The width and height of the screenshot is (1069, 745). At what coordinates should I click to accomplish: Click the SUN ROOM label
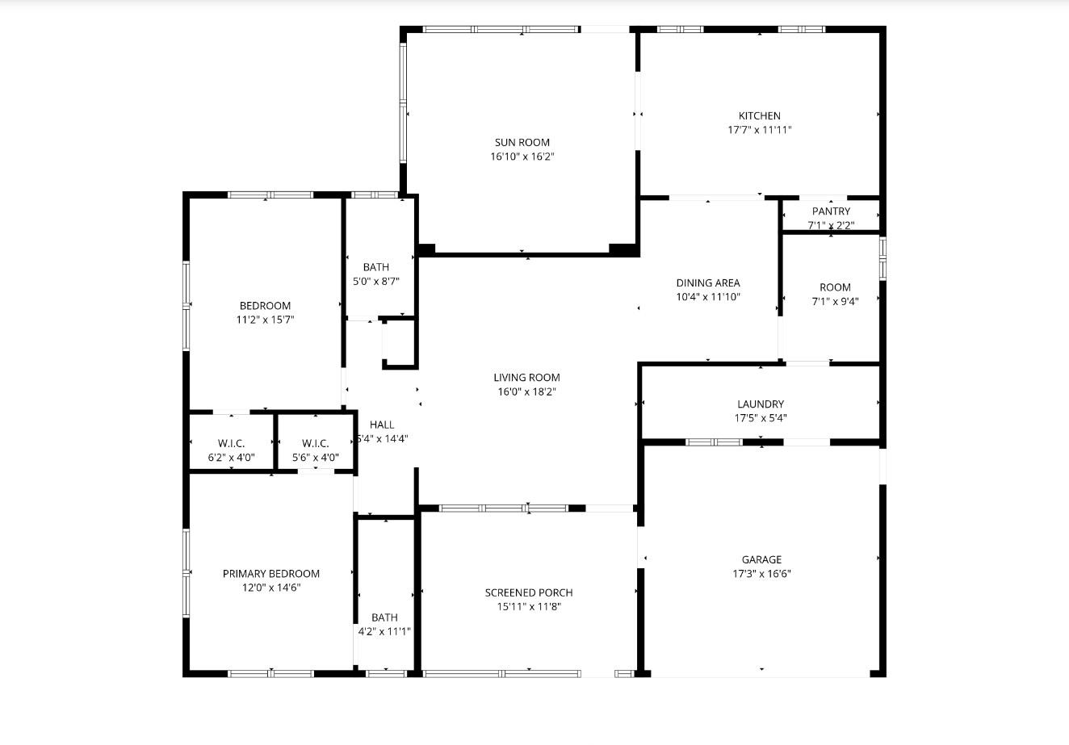coord(522,143)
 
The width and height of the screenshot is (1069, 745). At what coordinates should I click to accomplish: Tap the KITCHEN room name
coord(759,116)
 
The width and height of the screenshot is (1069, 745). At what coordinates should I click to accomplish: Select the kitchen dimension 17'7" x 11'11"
coord(759,130)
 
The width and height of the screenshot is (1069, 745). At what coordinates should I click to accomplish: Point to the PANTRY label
coord(831,211)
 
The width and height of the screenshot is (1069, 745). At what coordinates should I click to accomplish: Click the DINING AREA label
coord(707,283)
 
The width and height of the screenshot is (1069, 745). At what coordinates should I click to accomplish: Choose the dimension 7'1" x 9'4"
coord(835,301)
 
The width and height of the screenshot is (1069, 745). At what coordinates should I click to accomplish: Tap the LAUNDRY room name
coord(760,404)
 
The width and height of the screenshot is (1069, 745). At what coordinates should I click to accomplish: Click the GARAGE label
coord(761,560)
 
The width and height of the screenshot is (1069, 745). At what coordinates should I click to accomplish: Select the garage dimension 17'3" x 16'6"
coord(761,574)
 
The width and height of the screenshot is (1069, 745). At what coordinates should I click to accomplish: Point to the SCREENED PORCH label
coord(529,593)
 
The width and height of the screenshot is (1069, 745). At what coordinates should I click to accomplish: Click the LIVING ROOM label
coord(526,378)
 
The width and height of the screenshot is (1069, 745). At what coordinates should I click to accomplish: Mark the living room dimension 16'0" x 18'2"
coord(526,391)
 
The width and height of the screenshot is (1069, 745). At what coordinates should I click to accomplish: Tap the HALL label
coord(382,425)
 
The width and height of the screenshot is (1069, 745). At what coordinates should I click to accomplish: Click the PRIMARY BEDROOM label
coord(271,574)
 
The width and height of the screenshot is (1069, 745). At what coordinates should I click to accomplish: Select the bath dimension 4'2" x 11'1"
coord(384,632)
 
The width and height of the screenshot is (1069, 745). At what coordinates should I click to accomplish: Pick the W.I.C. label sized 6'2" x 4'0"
coord(231,444)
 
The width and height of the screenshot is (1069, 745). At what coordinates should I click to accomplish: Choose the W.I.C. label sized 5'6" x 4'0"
coord(315,444)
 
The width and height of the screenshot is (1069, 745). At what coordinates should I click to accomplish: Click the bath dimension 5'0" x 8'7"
coord(375,282)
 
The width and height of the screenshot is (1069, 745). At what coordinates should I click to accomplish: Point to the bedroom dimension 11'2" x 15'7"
coord(265,320)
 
